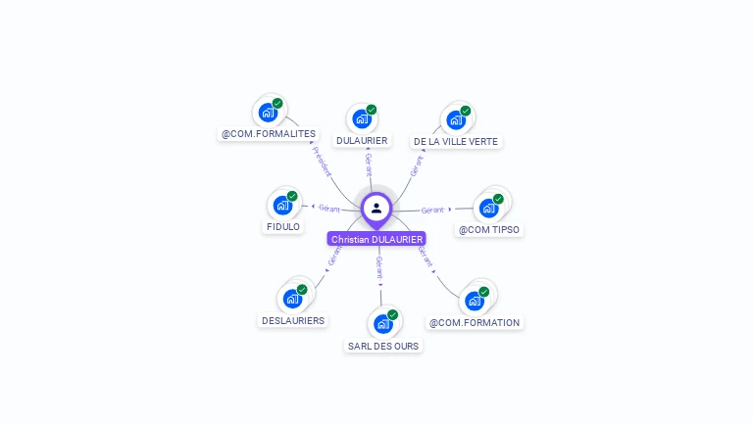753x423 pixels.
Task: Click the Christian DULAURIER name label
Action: click(x=376, y=239)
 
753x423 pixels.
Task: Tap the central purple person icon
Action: click(x=376, y=208)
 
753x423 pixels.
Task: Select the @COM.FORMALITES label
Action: click(x=269, y=133)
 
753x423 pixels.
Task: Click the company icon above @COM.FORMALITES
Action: click(x=268, y=113)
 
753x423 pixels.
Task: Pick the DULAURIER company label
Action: click(x=362, y=140)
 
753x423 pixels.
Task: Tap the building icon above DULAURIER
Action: click(x=362, y=119)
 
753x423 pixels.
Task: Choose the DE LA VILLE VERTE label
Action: click(x=456, y=141)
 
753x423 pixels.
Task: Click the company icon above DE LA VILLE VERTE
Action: click(x=456, y=120)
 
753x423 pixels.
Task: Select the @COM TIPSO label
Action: click(x=489, y=230)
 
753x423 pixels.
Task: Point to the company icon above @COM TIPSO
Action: click(x=489, y=208)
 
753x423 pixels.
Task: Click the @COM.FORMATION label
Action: click(x=475, y=322)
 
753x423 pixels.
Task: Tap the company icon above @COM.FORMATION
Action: click(x=475, y=301)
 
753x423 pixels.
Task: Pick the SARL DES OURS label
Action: click(x=383, y=346)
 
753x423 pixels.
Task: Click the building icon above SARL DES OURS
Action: click(x=383, y=323)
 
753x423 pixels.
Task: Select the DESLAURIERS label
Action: click(x=293, y=320)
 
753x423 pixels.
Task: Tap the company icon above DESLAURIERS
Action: click(x=292, y=299)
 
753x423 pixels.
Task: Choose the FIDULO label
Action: click(x=283, y=226)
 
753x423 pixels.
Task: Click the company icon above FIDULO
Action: click(x=282, y=206)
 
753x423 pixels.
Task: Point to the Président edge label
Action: click(x=321, y=161)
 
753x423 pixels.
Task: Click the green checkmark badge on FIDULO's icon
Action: click(x=292, y=196)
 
